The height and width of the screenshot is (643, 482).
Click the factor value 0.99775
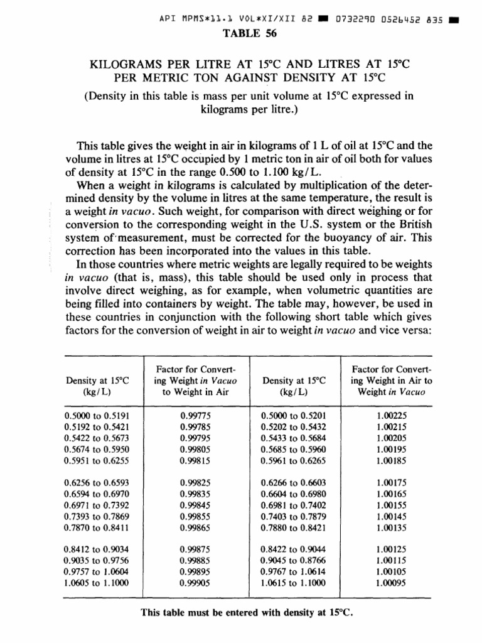point(195,415)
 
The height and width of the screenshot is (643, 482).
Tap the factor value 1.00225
point(391,415)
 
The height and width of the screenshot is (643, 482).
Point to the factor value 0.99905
point(195,582)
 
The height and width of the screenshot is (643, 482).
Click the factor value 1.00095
point(391,582)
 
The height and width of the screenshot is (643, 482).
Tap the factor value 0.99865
point(195,526)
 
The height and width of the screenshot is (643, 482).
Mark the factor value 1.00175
point(391,482)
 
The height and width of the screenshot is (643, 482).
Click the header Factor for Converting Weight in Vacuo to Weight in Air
point(195,381)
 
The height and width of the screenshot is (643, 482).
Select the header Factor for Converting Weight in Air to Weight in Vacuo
point(391,381)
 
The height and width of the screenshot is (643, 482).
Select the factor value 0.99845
point(195,504)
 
